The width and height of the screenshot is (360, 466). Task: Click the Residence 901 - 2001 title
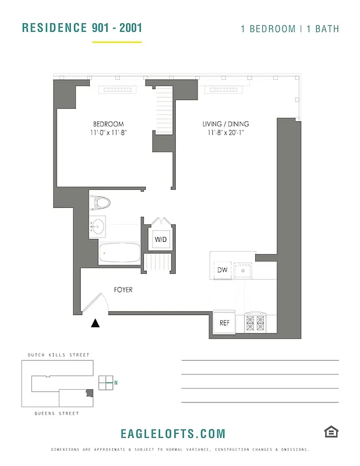tap(82, 27)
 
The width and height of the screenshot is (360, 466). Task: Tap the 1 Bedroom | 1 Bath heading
tap(290, 29)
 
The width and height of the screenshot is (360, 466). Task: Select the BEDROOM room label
tap(108, 124)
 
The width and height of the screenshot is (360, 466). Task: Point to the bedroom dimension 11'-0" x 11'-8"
tap(108, 133)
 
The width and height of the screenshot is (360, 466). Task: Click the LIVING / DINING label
tap(225, 124)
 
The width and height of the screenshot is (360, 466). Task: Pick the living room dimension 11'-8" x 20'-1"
tap(225, 133)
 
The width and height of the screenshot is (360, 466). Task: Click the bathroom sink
tap(98, 226)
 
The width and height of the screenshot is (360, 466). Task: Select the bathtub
tap(119, 253)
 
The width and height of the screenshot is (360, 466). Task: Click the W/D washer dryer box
tap(160, 239)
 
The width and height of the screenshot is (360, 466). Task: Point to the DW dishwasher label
tap(222, 270)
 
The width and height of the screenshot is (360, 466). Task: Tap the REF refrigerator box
tap(224, 323)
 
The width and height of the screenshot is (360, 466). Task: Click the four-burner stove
tap(255, 322)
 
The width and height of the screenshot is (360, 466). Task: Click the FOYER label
tap(123, 290)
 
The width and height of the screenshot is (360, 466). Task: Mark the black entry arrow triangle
tap(95, 323)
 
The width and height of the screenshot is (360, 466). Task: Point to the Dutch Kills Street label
tap(58, 355)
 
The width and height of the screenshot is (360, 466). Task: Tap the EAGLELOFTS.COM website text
tap(172, 433)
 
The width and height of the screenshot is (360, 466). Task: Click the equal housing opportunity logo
tap(331, 432)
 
